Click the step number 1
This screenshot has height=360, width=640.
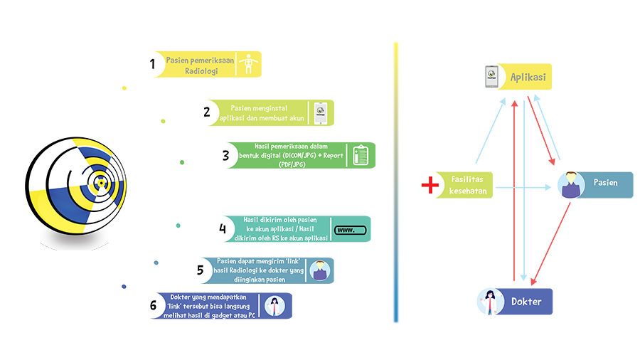click(x=152, y=65)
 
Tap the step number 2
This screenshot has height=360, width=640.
click(x=206, y=112)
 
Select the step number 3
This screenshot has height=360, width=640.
click(x=225, y=155)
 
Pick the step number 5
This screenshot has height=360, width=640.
click(x=201, y=270)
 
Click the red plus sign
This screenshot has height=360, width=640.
click(x=430, y=186)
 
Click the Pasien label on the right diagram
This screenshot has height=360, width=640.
click(x=606, y=183)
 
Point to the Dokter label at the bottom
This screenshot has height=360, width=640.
click(x=526, y=302)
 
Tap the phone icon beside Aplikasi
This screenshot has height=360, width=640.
click(x=491, y=76)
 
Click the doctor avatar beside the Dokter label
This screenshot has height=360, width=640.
click(x=490, y=302)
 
